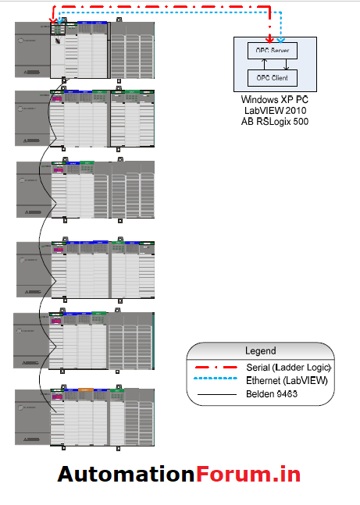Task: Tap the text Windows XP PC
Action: (275, 100)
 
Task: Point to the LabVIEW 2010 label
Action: (275, 111)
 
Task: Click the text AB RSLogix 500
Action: (275, 122)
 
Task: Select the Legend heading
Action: (261, 350)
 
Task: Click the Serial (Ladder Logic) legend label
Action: (288, 367)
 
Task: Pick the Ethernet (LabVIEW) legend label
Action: (286, 381)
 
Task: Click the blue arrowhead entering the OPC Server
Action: (282, 39)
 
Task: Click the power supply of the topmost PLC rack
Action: (32, 50)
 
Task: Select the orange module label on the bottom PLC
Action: (85, 388)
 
